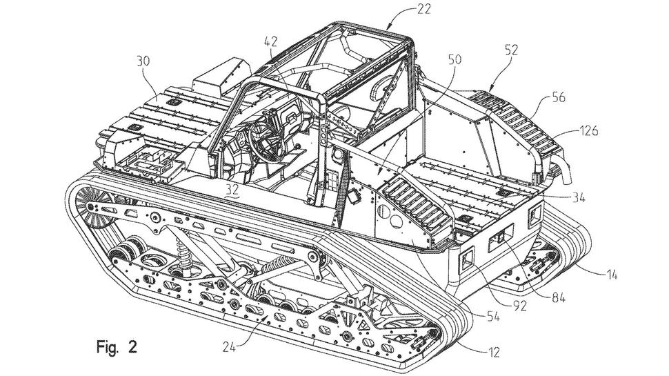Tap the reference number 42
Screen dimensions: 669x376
coord(271,41)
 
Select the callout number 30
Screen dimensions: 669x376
coord(143,61)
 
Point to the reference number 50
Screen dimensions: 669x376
coord(455,59)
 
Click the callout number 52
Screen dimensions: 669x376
coord(510,50)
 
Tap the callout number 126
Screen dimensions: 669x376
coord(588,130)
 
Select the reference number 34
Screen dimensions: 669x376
coord(578,197)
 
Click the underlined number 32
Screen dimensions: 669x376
coord(232,188)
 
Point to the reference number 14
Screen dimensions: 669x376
coord(612,275)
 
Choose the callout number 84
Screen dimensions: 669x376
coord(558,297)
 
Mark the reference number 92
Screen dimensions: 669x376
coord(519,306)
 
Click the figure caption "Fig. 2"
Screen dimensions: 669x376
coord(117,346)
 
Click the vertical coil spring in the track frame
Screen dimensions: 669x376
coord(184,255)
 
